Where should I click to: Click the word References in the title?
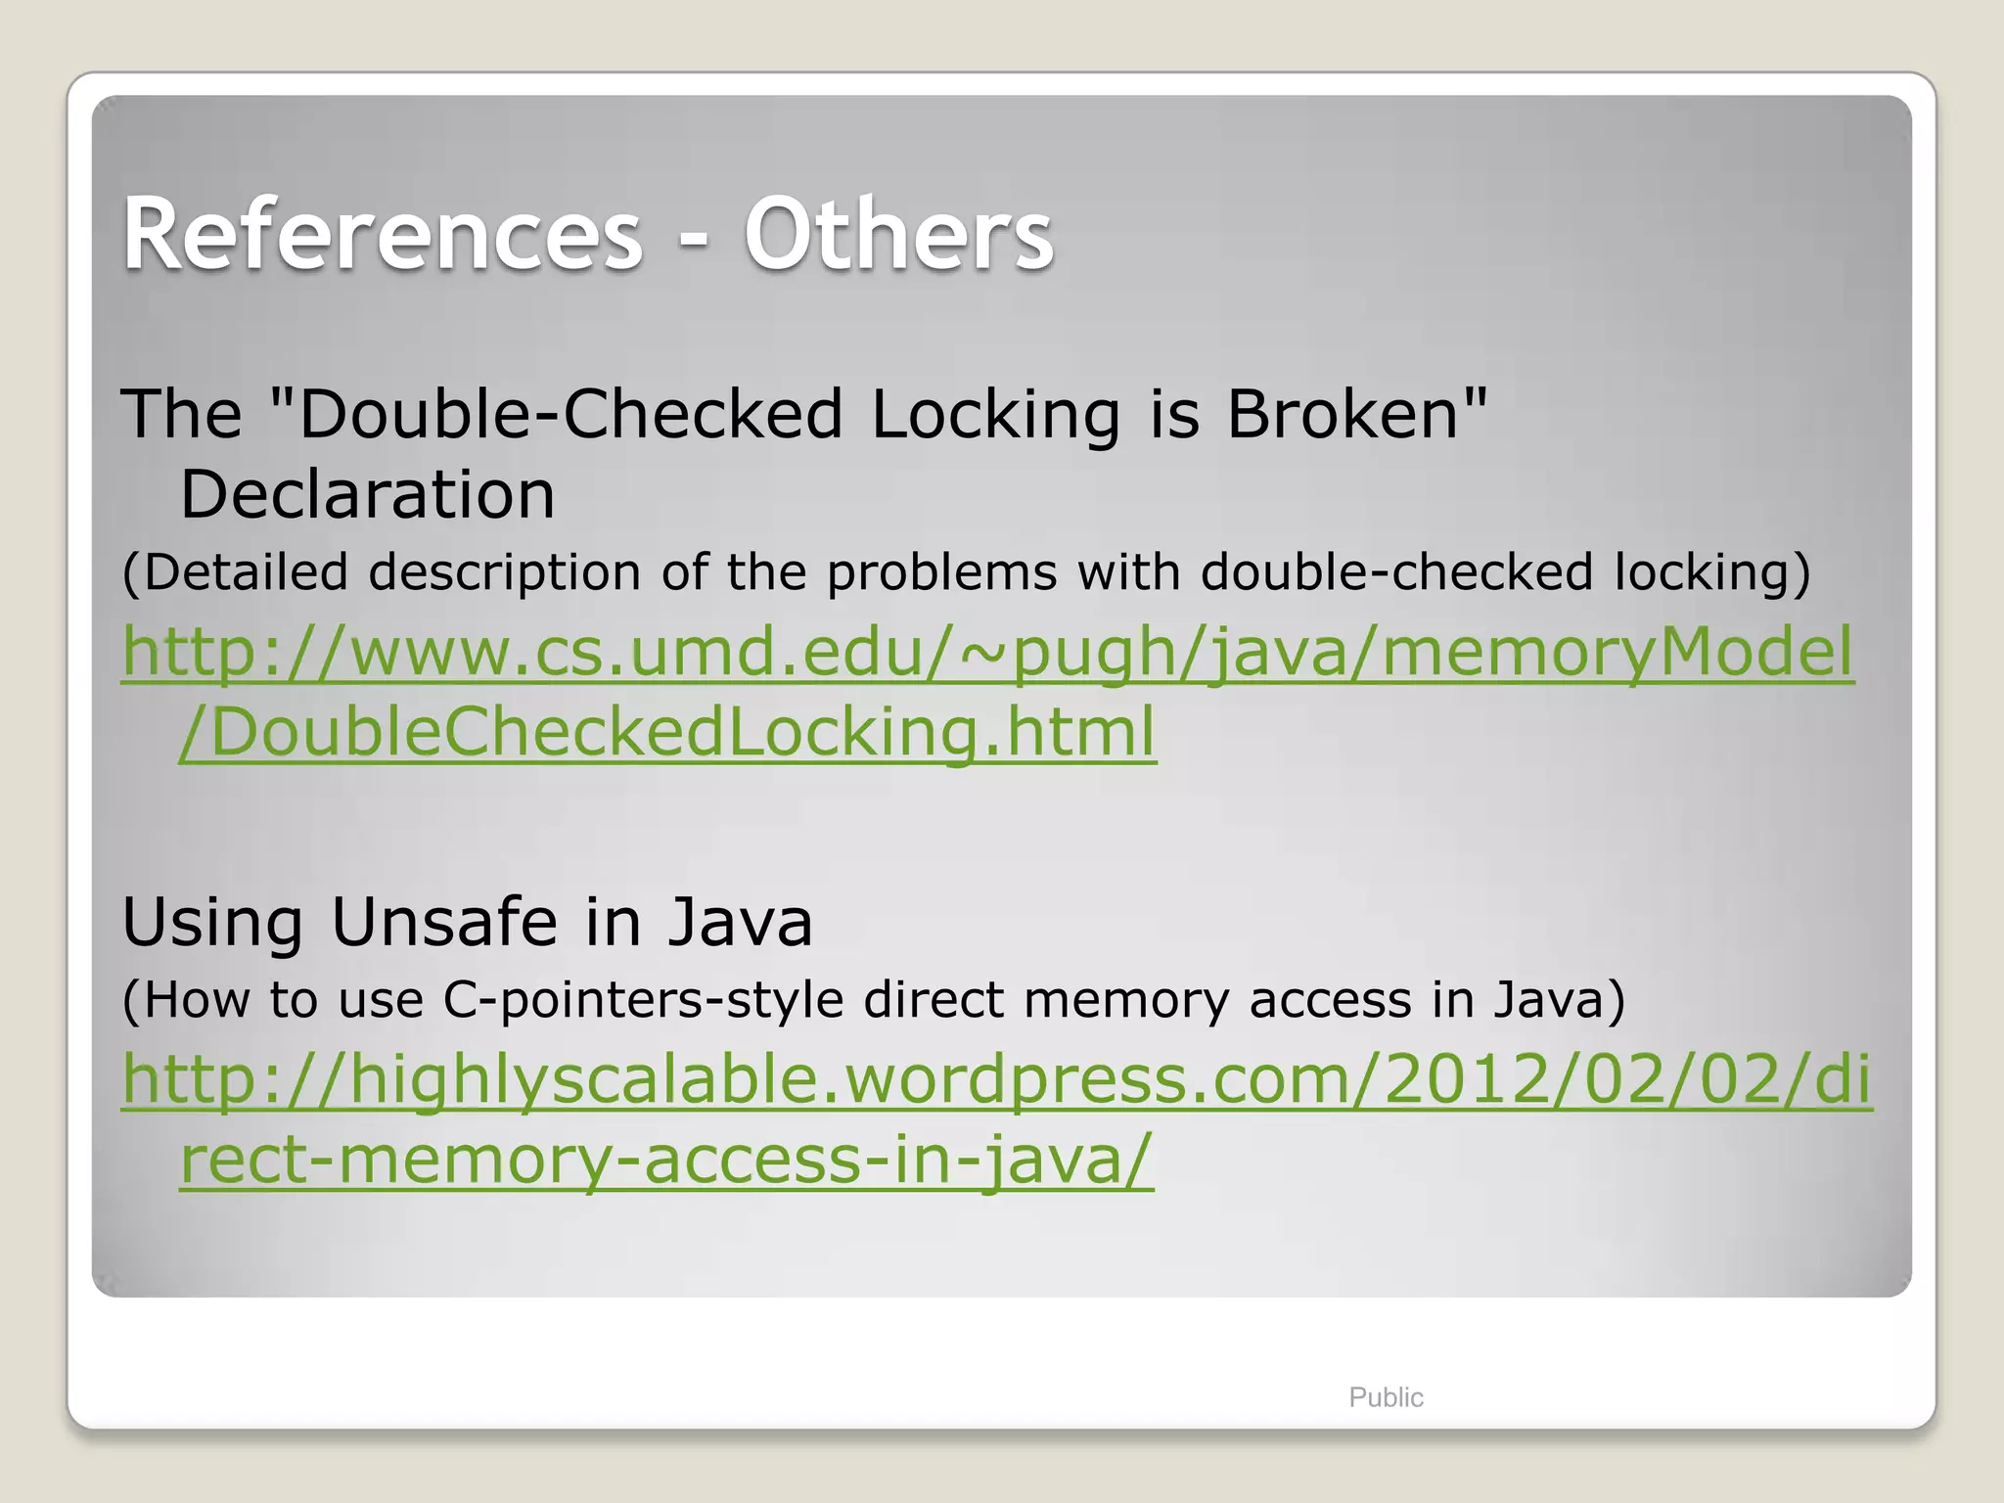tap(383, 235)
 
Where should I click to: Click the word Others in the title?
tap(898, 235)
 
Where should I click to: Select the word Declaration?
tap(367, 494)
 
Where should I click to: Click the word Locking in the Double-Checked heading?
tap(995, 414)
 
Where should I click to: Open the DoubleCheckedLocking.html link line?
tap(667, 732)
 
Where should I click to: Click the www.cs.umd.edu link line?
tap(987, 652)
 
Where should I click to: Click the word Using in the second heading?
tap(212, 924)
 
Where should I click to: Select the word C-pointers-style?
tap(643, 1001)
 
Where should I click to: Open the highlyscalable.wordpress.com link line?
tap(996, 1079)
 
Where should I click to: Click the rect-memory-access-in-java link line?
tap(666, 1160)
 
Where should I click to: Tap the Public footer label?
tap(1386, 1397)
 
